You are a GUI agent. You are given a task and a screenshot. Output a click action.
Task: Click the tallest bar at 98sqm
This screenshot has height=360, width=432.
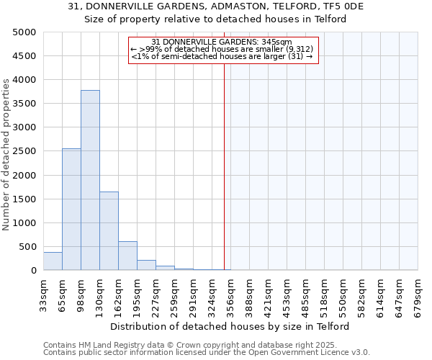pyautogui.click(x=90, y=180)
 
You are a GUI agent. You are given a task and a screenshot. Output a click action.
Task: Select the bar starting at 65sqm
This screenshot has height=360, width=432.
pyautogui.click(x=71, y=209)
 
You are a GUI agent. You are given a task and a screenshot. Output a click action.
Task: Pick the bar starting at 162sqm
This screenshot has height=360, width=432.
pyautogui.click(x=127, y=256)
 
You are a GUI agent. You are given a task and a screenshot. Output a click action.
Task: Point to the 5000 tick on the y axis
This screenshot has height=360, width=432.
pyautogui.click(x=24, y=32)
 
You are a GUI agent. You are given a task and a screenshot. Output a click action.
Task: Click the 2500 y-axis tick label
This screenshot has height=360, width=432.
pyautogui.click(x=24, y=151)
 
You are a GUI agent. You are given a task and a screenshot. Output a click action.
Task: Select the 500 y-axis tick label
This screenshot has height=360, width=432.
pyautogui.click(x=27, y=247)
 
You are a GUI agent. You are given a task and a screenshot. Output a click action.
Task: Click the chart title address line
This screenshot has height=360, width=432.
pyautogui.click(x=216, y=6)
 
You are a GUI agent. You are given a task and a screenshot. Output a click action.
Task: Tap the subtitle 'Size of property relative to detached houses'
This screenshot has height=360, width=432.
pyautogui.click(x=216, y=19)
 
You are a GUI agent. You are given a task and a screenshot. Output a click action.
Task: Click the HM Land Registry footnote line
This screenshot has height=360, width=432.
pyautogui.click(x=206, y=345)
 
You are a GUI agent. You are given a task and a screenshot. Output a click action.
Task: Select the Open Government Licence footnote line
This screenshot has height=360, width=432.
pyautogui.click(x=206, y=353)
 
